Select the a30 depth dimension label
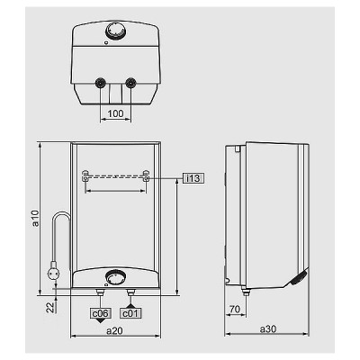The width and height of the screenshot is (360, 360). [266, 330]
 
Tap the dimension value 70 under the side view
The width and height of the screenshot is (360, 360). [235, 309]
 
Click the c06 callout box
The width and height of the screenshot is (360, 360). [100, 312]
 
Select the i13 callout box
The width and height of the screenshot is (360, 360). [193, 178]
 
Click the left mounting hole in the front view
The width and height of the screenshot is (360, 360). [85, 175]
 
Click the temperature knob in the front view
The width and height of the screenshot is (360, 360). [114, 278]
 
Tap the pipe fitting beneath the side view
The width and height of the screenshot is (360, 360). [245, 290]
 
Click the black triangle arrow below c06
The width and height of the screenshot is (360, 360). [100, 322]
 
